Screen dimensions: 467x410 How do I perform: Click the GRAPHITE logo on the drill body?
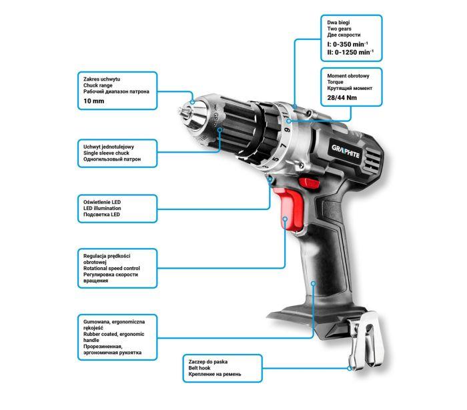click(x=346, y=151)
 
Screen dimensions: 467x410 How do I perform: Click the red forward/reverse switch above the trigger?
click(x=309, y=182)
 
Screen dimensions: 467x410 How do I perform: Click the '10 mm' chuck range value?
click(x=94, y=101)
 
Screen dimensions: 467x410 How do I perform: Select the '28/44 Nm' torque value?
click(x=342, y=97)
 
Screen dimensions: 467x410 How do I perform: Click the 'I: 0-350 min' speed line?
click(x=348, y=44)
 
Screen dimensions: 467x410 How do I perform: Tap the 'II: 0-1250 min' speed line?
click(x=350, y=52)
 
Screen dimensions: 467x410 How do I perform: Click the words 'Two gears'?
click(x=339, y=29)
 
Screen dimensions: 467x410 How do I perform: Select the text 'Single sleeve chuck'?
click(x=106, y=153)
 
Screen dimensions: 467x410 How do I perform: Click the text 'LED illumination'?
click(x=102, y=208)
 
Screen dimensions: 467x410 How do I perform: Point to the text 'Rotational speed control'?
click(x=111, y=268)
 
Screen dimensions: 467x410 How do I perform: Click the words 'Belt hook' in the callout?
click(x=199, y=368)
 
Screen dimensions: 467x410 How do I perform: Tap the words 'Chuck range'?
click(x=97, y=85)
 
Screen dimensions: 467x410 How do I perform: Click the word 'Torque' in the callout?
click(x=335, y=82)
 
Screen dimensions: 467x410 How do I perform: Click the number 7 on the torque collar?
click(x=284, y=145)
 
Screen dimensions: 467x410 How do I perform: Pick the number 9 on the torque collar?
click(x=287, y=129)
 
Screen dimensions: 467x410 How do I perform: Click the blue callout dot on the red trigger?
click(x=285, y=219)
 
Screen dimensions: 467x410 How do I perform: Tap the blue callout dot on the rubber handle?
click(x=313, y=283)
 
